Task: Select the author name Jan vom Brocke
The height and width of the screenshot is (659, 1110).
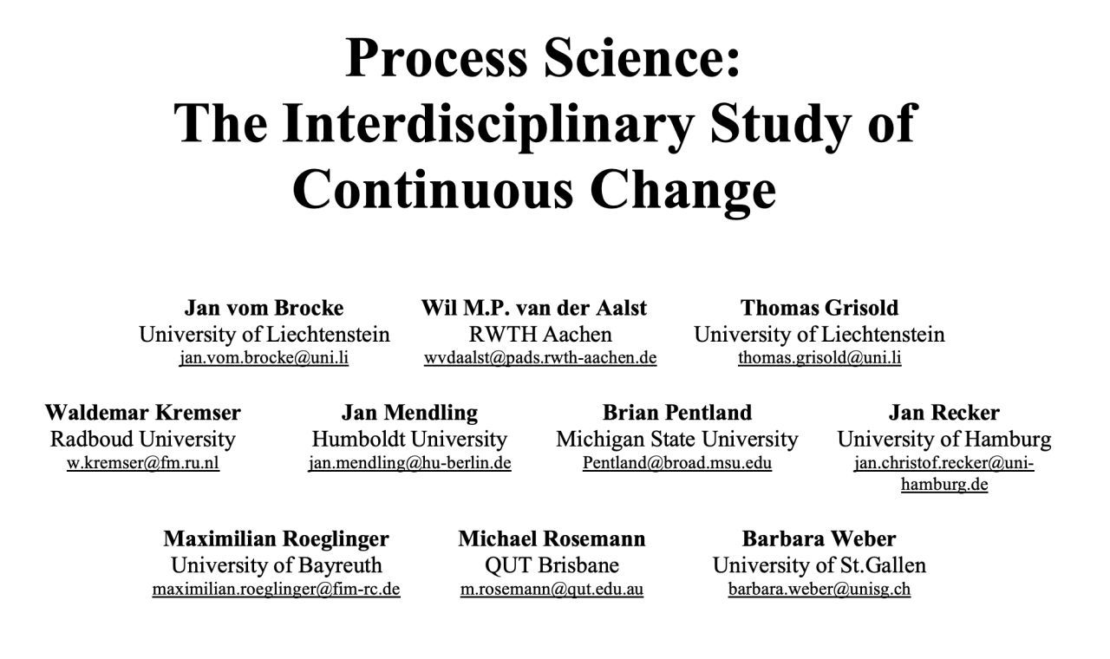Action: click(x=264, y=308)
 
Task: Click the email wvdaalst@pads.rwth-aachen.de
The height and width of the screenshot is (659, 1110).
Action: click(x=540, y=358)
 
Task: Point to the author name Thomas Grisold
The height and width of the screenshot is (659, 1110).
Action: click(x=819, y=308)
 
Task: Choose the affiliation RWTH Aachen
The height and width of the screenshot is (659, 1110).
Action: click(x=540, y=335)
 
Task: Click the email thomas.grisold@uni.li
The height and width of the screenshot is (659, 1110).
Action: click(x=819, y=358)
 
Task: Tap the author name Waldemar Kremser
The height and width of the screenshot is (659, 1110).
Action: click(x=143, y=412)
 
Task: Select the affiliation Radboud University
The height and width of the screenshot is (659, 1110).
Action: click(x=143, y=439)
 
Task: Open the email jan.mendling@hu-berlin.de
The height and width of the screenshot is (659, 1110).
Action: click(x=410, y=463)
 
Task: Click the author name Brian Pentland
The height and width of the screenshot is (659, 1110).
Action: click(x=677, y=412)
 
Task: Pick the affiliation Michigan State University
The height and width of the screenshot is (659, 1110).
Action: click(x=677, y=439)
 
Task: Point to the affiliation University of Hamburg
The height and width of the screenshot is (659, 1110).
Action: click(x=944, y=439)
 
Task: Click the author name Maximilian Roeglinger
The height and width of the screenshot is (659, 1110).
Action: click(x=277, y=538)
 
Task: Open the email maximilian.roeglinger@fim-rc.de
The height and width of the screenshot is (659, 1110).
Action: click(x=277, y=589)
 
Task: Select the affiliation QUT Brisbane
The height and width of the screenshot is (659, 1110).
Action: click(x=552, y=565)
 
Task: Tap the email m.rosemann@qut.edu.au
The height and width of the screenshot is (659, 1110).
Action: click(x=552, y=589)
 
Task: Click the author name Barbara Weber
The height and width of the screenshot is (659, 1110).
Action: click(x=819, y=538)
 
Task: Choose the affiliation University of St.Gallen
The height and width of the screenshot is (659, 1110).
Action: click(x=819, y=565)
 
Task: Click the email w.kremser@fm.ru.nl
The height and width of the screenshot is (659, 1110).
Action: click(x=143, y=463)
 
